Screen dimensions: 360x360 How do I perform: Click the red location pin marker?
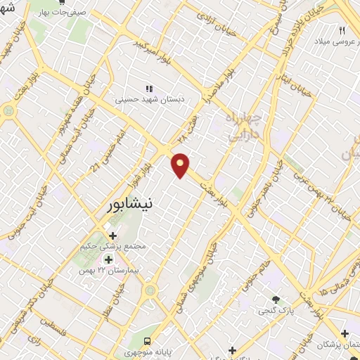[x=181, y=165]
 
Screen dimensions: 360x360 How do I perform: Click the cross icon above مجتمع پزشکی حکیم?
[x=112, y=235]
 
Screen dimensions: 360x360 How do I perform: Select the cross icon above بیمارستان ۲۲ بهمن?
[x=109, y=258]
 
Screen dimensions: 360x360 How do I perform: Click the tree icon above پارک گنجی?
[x=276, y=299]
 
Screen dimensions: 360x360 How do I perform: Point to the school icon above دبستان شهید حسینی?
[x=148, y=89]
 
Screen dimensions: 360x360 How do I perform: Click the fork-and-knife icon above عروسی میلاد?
[x=342, y=30]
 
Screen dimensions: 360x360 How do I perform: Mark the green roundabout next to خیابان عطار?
[x=150, y=290]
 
